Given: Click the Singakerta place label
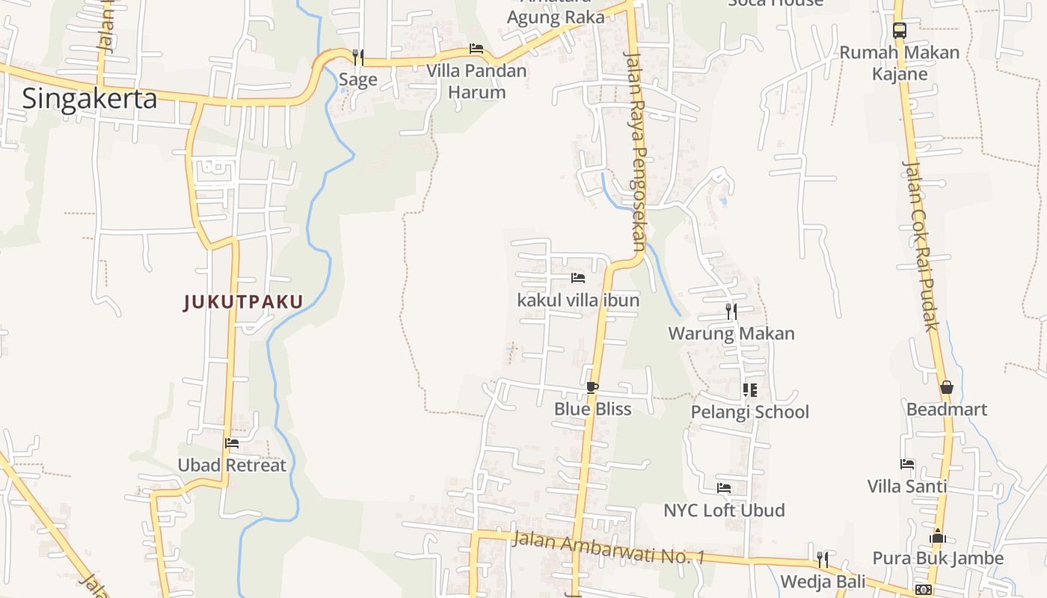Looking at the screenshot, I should (90, 99).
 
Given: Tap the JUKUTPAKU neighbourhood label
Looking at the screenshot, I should (244, 302).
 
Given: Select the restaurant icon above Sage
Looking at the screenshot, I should (358, 57).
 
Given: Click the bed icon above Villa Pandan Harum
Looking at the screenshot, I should (476, 49).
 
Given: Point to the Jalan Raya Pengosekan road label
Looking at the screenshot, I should (635, 149).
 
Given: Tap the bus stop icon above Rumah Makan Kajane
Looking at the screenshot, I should (900, 31).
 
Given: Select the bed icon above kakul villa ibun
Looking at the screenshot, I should (578, 278).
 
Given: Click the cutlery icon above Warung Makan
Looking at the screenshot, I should (731, 311).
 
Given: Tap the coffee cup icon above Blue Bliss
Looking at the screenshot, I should (592, 387).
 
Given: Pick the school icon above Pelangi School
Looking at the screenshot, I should (749, 390).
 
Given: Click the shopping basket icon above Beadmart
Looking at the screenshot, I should (947, 387).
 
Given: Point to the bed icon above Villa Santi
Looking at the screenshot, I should (907, 464).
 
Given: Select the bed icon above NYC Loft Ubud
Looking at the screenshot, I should (724, 488).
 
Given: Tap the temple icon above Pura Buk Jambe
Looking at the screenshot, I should (938, 537).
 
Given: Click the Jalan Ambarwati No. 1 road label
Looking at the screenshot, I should (609, 547).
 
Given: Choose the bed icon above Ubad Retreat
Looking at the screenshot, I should (232, 443).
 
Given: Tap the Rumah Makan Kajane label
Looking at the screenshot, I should (899, 63).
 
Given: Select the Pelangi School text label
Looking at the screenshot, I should (749, 412).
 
